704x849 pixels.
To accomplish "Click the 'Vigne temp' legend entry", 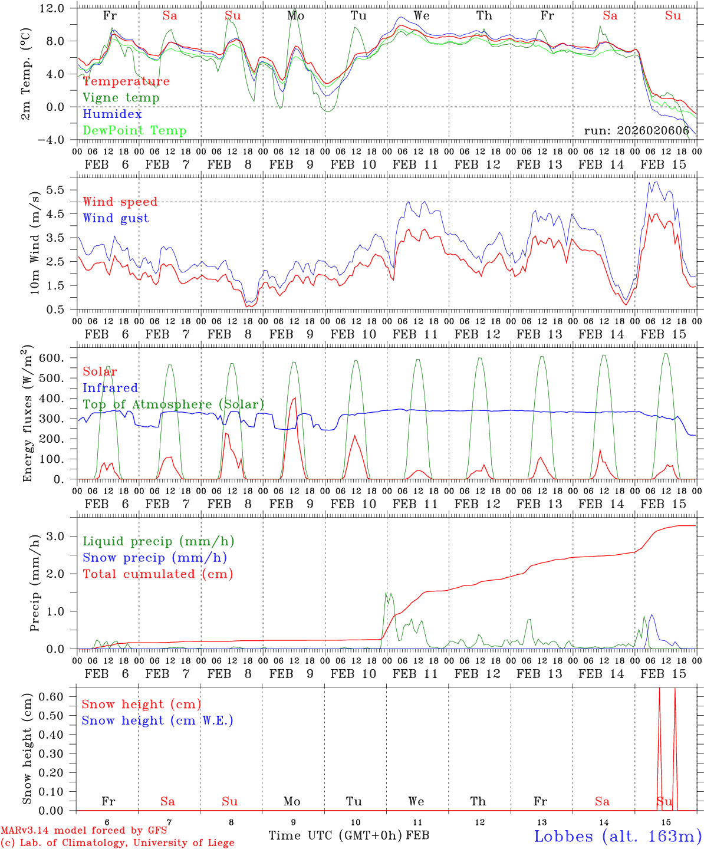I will pyautogui.click(x=121, y=98).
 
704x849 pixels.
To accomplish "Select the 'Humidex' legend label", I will pyautogui.click(x=112, y=114).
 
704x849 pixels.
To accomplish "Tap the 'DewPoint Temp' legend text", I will pyautogui.click(x=134, y=131).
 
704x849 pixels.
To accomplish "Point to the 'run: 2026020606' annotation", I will pyautogui.click(x=636, y=131).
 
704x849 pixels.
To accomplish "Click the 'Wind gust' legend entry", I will pyautogui.click(x=116, y=218).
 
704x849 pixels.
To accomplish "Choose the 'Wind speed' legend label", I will pyautogui.click(x=120, y=202).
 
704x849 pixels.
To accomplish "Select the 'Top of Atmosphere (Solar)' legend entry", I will pyautogui.click(x=173, y=404).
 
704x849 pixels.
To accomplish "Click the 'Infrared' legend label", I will pyautogui.click(x=110, y=388).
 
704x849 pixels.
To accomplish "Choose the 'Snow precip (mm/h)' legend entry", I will pyautogui.click(x=154, y=558).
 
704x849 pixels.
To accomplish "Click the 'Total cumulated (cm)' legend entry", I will pyautogui.click(x=158, y=574).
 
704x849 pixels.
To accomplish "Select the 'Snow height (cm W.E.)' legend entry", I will pyautogui.click(x=157, y=720).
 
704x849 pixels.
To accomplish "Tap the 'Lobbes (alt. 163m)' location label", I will pyautogui.click(x=617, y=836).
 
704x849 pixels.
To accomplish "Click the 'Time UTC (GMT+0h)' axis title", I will pyautogui.click(x=335, y=835).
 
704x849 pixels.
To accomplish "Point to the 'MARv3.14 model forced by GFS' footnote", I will pyautogui.click(x=84, y=830).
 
